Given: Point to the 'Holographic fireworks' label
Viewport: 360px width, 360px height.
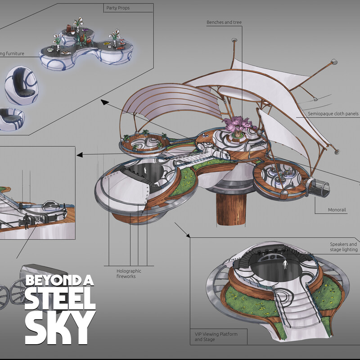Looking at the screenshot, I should (129, 274).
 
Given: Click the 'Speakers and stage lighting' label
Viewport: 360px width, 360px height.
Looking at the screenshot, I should (343, 247).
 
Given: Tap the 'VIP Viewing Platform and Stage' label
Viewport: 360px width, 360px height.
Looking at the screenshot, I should (216, 337).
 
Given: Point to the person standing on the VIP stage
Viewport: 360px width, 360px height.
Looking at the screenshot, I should (284, 264).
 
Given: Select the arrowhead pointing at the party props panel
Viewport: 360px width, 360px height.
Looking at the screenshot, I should (104, 103).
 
